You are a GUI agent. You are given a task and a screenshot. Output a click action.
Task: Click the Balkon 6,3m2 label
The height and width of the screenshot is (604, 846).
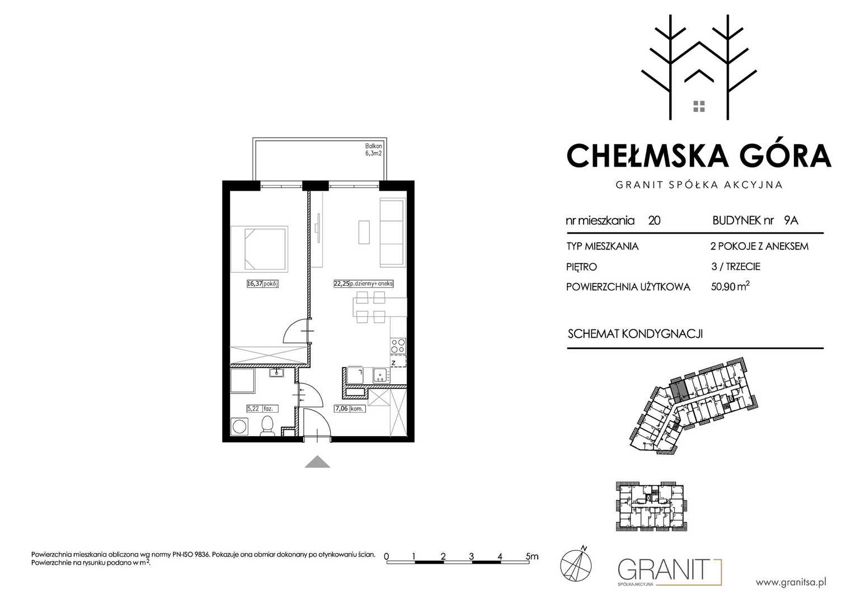373,149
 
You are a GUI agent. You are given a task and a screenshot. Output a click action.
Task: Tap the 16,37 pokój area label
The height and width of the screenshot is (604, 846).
262,284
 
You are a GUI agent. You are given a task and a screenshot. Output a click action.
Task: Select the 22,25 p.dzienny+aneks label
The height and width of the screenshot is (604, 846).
363,284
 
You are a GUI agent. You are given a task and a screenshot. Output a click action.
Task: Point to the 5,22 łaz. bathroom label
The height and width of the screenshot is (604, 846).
262,408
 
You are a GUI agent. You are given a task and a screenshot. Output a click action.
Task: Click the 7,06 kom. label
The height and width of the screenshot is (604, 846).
350,408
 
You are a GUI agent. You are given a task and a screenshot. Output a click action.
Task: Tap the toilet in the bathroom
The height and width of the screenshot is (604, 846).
267,426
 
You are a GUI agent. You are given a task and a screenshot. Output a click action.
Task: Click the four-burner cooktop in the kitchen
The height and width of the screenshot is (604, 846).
398,346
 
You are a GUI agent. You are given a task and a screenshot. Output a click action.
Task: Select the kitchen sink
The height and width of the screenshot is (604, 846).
381,375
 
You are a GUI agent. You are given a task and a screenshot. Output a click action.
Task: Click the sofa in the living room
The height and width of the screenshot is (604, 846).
393,233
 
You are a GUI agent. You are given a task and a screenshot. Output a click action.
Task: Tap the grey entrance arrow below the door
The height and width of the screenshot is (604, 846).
317,462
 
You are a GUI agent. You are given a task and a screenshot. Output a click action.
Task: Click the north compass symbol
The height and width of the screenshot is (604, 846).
576,564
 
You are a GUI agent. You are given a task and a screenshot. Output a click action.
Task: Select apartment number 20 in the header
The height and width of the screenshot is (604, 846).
654,220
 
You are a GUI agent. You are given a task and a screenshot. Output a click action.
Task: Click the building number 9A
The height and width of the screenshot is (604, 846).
791,220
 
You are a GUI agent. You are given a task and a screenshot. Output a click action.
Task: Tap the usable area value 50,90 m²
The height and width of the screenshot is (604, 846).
730,286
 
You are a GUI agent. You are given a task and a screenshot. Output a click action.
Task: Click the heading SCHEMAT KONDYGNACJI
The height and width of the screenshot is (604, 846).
635,334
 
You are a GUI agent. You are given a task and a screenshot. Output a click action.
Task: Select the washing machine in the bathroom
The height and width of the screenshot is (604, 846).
239,427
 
